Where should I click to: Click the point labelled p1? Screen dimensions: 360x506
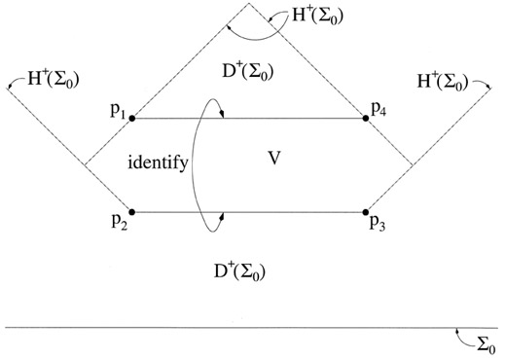coord(131,119)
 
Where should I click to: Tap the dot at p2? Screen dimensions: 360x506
coord(131,211)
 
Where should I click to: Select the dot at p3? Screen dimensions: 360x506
coord(367,211)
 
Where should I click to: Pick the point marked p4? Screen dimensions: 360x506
coord(367,119)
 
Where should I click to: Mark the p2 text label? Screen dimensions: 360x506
coord(118,224)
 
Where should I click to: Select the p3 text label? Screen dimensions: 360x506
coord(379,224)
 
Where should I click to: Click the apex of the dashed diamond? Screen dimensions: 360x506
coord(249,2)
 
